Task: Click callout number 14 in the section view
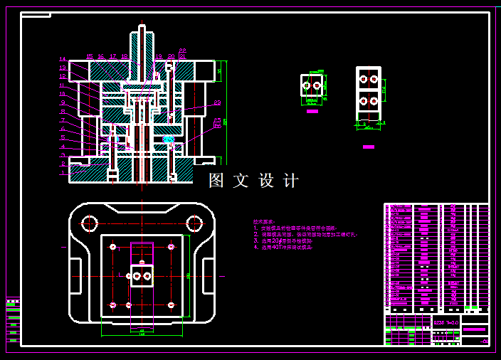pos(63,59)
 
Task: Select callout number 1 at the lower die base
pos(63,172)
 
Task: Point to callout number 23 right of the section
pos(217,103)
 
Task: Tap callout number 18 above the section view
pos(125,55)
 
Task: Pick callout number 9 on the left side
pos(63,102)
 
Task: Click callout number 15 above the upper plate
pos(90,55)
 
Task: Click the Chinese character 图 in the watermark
pos(216,181)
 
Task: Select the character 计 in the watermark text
pos(291,181)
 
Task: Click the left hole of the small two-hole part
pos(307,85)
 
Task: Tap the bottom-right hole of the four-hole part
pos(374,102)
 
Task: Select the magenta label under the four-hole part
pos(368,147)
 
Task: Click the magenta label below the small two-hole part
pos(312,111)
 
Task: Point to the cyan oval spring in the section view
pos(169,139)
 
